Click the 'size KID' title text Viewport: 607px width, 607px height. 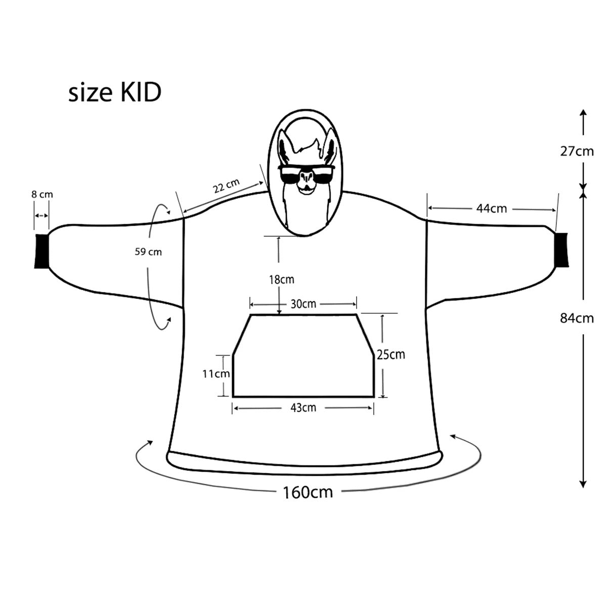pyautogui.click(x=115, y=93)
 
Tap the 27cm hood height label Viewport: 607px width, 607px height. pyautogui.click(x=577, y=151)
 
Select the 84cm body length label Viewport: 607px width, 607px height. pyautogui.click(x=577, y=318)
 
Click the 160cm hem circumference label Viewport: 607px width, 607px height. pyautogui.click(x=308, y=491)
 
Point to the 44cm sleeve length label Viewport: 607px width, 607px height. pyautogui.click(x=492, y=208)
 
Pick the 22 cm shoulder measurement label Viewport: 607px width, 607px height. pyautogui.click(x=226, y=187)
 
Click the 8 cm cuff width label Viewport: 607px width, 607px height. pyautogui.click(x=42, y=194)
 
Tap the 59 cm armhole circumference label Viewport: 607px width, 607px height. pyautogui.click(x=148, y=251)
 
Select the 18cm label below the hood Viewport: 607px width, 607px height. pyautogui.click(x=281, y=279)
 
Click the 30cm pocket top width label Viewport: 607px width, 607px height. pyautogui.click(x=303, y=303)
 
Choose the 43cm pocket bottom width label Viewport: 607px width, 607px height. pyautogui.click(x=302, y=407)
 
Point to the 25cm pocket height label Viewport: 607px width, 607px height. pyautogui.click(x=391, y=354)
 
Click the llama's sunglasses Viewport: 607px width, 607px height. pyautogui.click(x=306, y=174)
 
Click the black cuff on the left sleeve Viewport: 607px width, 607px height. pyautogui.click(x=41, y=250)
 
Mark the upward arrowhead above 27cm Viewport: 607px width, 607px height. pyautogui.click(x=583, y=113)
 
